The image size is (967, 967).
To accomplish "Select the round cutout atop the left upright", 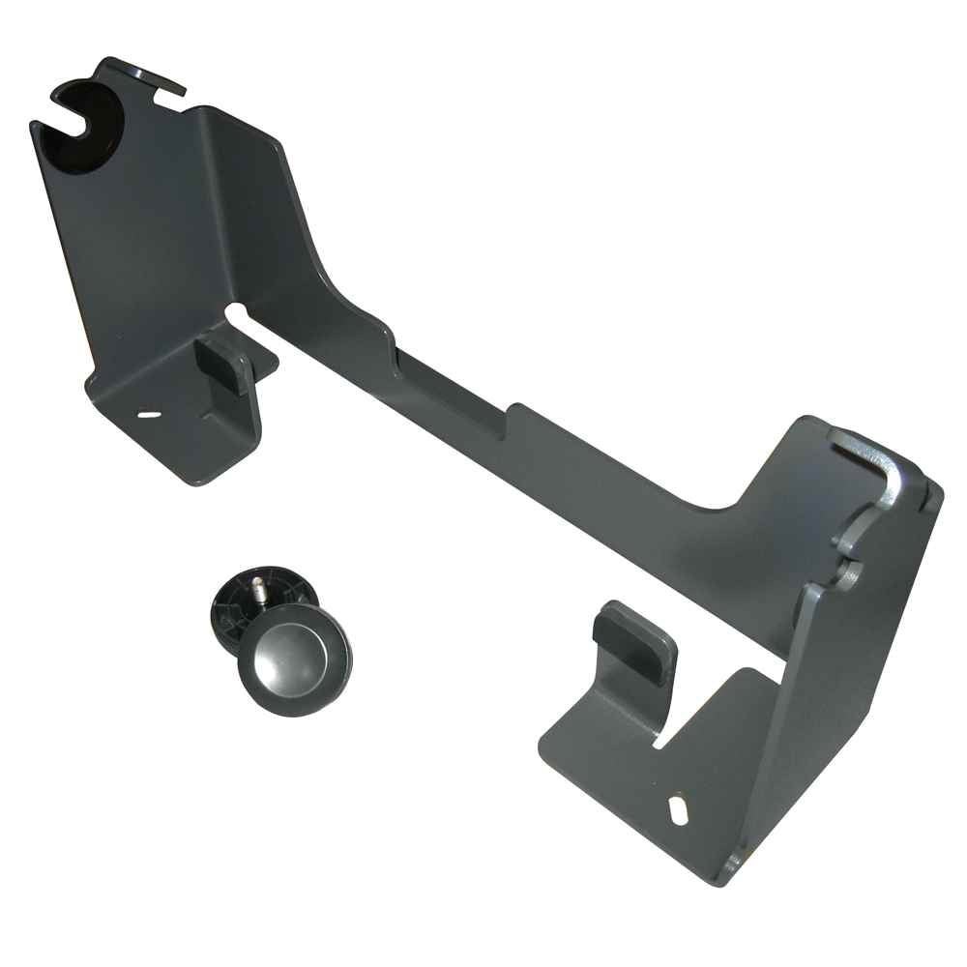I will (x=92, y=121).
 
